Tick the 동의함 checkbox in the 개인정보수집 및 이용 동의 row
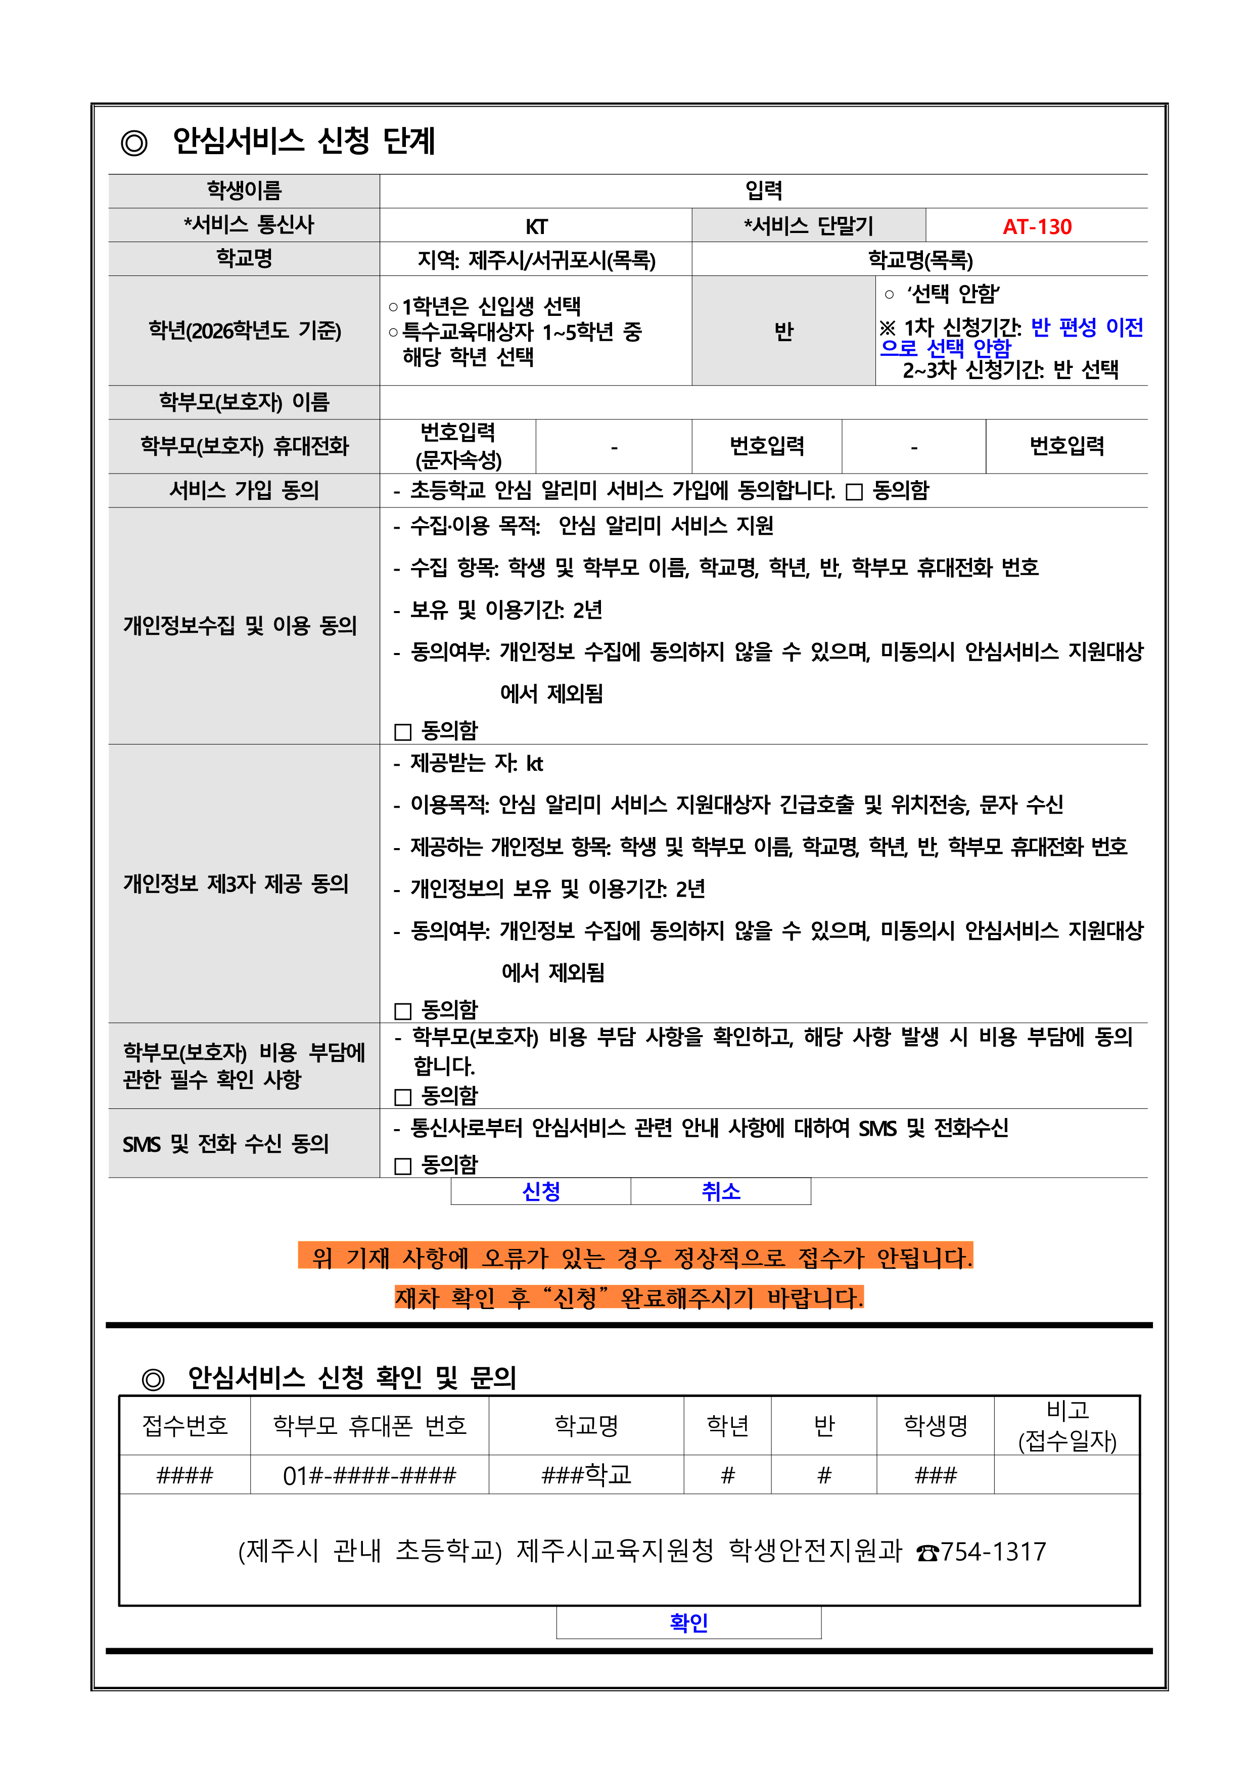[403, 731]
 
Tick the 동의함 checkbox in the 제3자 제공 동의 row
[403, 1010]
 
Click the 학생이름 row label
[244, 191]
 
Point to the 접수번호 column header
[185, 1425]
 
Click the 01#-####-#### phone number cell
[369, 1475]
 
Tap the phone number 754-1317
[993, 1551]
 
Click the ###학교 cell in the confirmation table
[586, 1475]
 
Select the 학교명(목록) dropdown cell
[920, 260]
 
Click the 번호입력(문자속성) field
[458, 446]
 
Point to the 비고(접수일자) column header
[1067, 1425]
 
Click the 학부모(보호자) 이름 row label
[244, 402]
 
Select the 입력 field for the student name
[763, 191]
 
